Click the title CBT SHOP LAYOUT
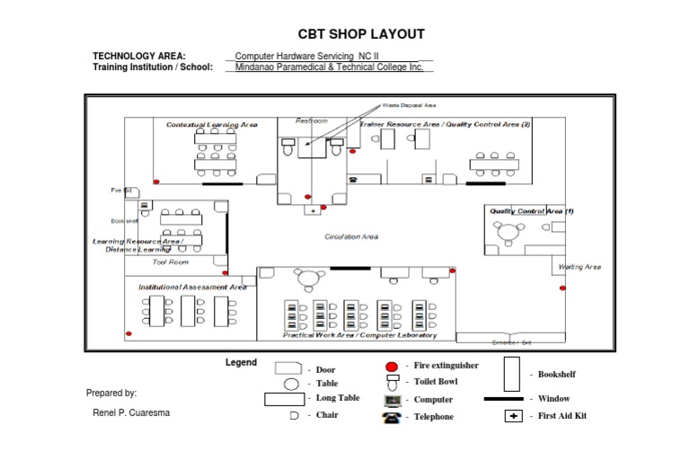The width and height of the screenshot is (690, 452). coord(361,34)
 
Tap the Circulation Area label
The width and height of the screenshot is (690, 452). coord(351,237)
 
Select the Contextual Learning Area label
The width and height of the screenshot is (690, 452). coord(212,125)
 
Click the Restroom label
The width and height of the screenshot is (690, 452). coord(312,120)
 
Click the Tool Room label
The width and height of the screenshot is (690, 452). coord(171,262)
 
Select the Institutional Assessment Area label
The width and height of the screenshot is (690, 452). coord(192,287)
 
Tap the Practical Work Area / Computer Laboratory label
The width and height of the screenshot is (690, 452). coord(360,335)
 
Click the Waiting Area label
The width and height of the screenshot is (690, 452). coord(579,267)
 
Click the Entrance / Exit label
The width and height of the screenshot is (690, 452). coord(512,342)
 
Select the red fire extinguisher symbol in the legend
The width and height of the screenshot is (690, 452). coord(392,367)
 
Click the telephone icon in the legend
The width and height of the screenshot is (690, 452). coord(392,417)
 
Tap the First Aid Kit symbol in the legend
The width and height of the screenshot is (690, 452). coord(513,416)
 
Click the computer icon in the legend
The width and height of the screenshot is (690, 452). coord(393,400)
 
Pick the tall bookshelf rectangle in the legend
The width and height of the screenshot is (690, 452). coord(512,373)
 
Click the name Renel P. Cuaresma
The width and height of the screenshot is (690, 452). coord(130,413)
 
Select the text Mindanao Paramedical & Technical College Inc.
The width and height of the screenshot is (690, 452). coord(328,66)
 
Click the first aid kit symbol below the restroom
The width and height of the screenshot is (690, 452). coord(313,210)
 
